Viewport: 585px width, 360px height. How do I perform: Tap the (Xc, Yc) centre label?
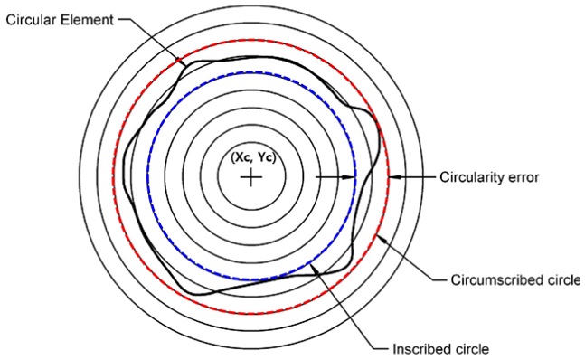click(251, 156)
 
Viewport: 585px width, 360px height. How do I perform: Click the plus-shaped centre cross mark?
click(250, 177)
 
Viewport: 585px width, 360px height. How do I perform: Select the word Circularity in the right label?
click(471, 177)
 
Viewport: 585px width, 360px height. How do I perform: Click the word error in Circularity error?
click(523, 177)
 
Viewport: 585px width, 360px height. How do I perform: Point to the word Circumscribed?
click(492, 278)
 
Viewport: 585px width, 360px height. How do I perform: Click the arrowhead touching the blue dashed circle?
click(351, 177)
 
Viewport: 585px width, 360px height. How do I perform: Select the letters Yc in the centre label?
click(263, 156)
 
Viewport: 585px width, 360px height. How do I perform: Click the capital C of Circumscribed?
click(454, 278)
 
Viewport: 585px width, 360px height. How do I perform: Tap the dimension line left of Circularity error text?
click(418, 177)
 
